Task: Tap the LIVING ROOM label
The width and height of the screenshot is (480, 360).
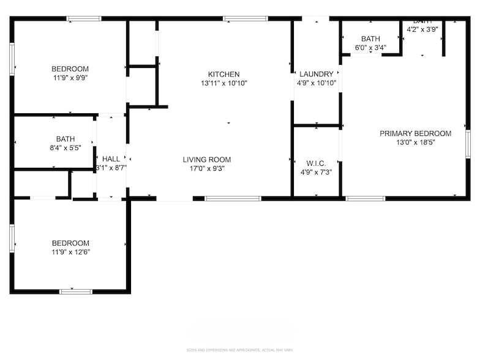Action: pos(207,160)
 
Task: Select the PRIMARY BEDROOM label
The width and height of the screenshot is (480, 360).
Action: pos(415,133)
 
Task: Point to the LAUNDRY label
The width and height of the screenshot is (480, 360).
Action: pos(316,74)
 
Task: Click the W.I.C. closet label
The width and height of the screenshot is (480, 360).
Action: pos(316,163)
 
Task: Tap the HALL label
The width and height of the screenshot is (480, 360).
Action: pos(111,159)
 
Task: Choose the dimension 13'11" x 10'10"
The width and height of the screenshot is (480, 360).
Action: pos(223,83)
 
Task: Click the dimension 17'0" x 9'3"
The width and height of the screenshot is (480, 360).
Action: pos(207,169)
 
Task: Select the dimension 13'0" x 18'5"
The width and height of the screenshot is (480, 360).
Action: pos(415,143)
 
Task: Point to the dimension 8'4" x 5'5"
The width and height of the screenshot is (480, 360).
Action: pos(66,148)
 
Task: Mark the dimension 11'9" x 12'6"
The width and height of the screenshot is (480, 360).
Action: pos(70,252)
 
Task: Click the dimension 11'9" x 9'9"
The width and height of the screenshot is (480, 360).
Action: pos(70,78)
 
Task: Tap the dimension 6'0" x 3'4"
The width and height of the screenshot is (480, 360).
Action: pos(370,48)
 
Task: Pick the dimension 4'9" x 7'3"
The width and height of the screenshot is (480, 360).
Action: pos(316,172)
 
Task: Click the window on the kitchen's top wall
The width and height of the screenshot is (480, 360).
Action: pos(245,19)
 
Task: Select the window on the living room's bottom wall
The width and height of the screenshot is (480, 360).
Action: pos(233,198)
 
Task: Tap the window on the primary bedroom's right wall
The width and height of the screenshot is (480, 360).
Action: pos(468,144)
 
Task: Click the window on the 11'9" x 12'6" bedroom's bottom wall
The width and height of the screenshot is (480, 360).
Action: pos(76,291)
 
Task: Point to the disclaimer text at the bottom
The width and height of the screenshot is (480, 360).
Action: pos(239,350)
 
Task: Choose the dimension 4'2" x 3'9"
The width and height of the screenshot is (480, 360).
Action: pos(422,28)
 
